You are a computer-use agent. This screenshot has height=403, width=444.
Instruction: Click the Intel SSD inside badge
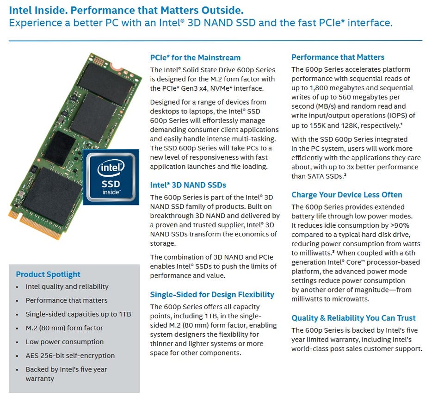tap(111, 177)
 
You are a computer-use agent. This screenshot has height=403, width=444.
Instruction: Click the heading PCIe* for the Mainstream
tap(195, 57)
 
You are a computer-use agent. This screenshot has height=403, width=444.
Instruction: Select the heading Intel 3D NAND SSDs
tap(188, 185)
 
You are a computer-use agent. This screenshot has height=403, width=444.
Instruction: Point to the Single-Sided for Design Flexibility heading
tap(212, 295)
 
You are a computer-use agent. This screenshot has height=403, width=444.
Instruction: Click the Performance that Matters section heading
tap(338, 57)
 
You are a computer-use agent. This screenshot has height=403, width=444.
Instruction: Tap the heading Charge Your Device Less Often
tap(346, 195)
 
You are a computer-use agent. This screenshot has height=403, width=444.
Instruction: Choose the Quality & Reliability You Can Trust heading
tap(353, 318)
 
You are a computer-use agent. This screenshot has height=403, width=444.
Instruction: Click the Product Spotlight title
tap(48, 274)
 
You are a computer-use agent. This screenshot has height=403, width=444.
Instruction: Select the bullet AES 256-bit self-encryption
tap(70, 355)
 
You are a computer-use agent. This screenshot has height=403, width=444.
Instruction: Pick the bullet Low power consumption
tap(65, 342)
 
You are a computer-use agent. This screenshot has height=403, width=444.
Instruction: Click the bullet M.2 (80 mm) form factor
tap(64, 328)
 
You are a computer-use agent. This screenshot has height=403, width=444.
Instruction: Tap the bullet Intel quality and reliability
tap(67, 286)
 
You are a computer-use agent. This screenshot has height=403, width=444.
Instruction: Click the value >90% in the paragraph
tap(400, 225)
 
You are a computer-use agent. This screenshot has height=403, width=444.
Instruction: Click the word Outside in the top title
tap(222, 10)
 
